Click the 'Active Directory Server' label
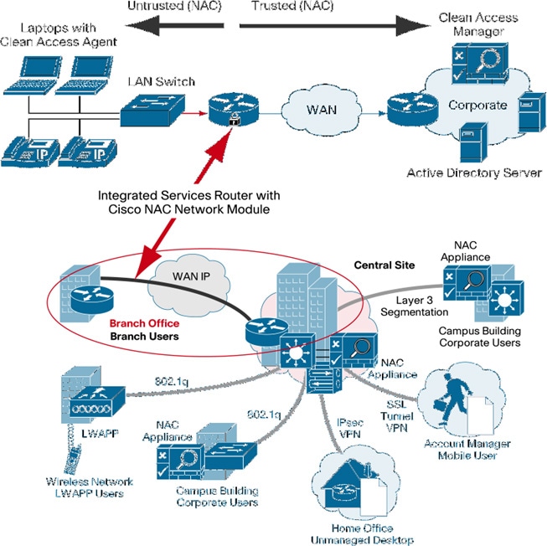(474, 173)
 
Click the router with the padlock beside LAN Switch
(237, 108)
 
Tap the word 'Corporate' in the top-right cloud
(477, 106)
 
